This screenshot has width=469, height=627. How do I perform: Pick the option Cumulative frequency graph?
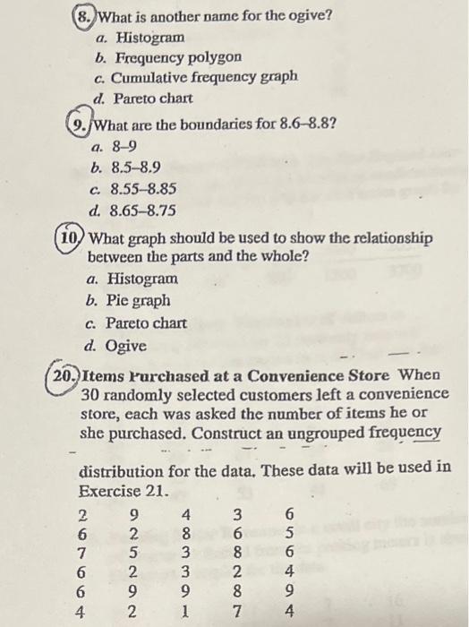pos(200,77)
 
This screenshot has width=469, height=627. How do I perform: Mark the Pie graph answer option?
pos(137,301)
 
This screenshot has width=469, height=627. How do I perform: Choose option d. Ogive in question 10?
pos(125,345)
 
